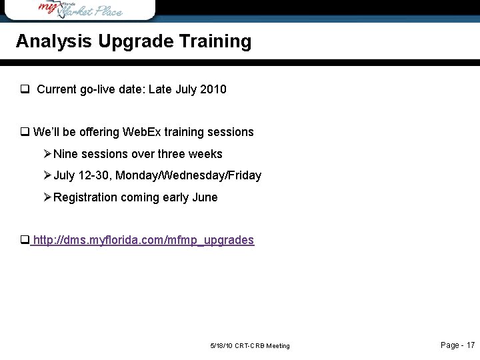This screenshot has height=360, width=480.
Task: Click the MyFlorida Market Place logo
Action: pos(80,9)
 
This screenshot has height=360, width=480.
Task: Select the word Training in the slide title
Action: pos(215,41)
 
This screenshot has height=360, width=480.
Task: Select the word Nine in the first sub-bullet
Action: pos(65,154)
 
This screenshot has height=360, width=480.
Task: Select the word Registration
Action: pos(85,197)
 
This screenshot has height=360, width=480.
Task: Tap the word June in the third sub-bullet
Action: pos(204,197)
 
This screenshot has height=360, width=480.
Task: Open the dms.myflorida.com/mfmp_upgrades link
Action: pos(143,240)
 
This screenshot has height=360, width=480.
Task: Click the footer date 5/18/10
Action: pos(221,346)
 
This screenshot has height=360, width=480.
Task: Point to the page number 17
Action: pos(470,345)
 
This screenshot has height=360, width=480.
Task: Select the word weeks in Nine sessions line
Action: pos(206,154)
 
